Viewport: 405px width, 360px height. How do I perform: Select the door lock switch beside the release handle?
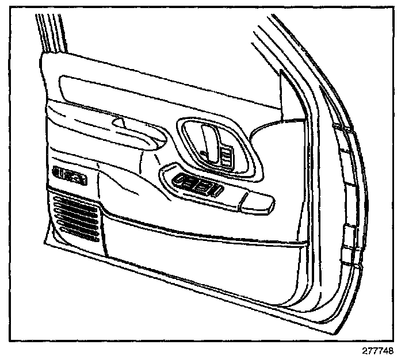(x=226, y=156)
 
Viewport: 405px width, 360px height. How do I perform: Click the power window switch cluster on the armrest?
(x=198, y=184)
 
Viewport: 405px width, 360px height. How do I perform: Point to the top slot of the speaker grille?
(x=75, y=198)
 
